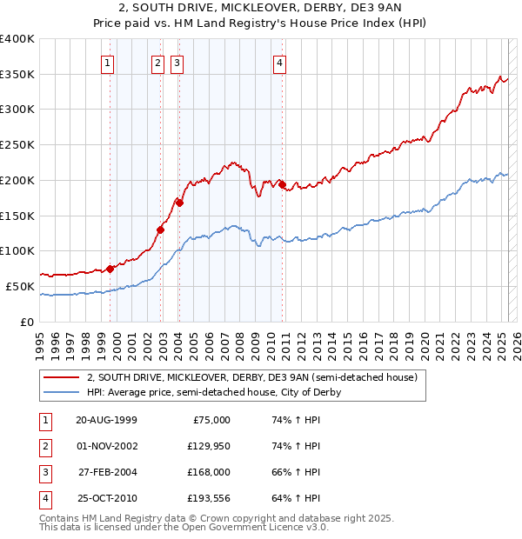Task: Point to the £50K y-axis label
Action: point(19,286)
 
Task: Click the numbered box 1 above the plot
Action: point(107,63)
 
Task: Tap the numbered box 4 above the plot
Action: point(279,63)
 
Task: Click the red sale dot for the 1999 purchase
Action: point(110,269)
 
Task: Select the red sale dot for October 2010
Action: point(283,184)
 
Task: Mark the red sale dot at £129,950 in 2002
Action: point(160,230)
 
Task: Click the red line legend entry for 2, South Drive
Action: point(252,377)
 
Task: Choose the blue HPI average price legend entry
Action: point(213,392)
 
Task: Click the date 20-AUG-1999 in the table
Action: point(106,420)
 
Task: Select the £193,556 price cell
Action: point(206,499)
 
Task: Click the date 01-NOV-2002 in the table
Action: point(106,446)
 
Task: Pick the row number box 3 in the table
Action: point(43,473)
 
